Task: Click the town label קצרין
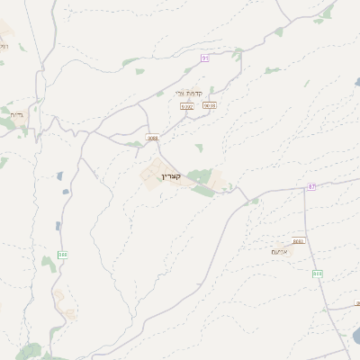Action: pyautogui.click(x=171, y=175)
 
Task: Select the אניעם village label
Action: pyautogui.click(x=279, y=251)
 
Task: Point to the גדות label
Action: pyautogui.click(x=16, y=115)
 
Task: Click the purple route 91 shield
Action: pyautogui.click(x=205, y=58)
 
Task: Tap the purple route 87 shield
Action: pyautogui.click(x=311, y=186)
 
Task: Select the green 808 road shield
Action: pyautogui.click(x=317, y=273)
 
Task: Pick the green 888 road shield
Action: pyautogui.click(x=62, y=255)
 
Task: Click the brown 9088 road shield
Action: pyautogui.click(x=152, y=138)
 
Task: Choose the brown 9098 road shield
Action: pyautogui.click(x=210, y=105)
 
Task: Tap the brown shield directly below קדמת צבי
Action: pyautogui.click(x=187, y=105)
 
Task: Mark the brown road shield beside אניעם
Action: pyautogui.click(x=298, y=240)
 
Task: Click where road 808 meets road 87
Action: pyautogui.click(x=304, y=189)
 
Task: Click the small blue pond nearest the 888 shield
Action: pyautogui.click(x=58, y=226)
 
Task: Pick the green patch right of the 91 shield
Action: pyautogui.click(x=237, y=54)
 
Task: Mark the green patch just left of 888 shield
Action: pyautogui.click(x=47, y=261)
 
